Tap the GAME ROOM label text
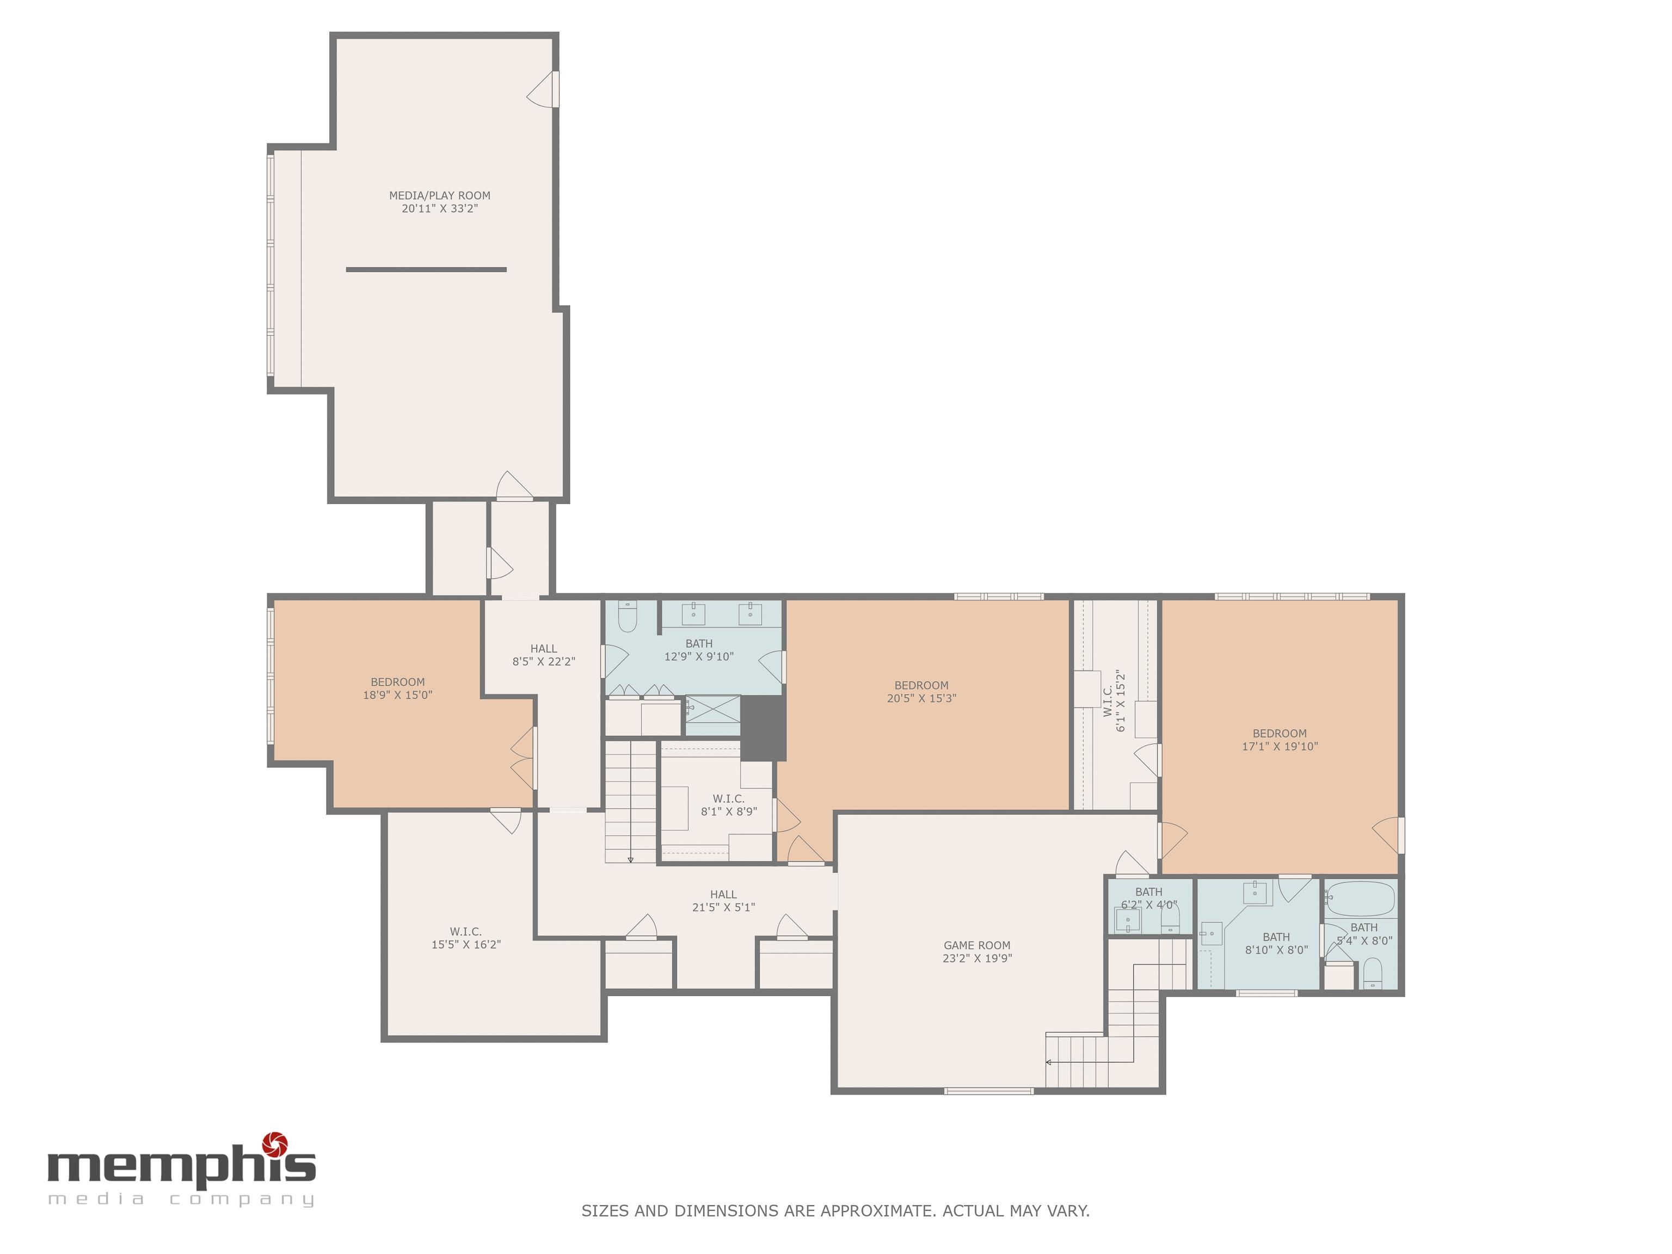[x=976, y=945]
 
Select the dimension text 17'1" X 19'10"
[x=1280, y=746]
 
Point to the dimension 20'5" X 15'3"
[x=921, y=698]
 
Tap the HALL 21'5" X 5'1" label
[x=723, y=901]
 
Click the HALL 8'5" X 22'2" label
[x=544, y=655]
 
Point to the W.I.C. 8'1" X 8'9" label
[x=729, y=805]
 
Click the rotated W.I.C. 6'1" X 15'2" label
[x=1114, y=700]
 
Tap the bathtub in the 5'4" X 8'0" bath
[x=1361, y=899]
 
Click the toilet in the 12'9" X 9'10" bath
[x=628, y=617]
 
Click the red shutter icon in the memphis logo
[x=274, y=1144]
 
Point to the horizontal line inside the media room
[x=426, y=269]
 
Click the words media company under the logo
[x=181, y=1199]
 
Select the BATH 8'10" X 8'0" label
[x=1276, y=943]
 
